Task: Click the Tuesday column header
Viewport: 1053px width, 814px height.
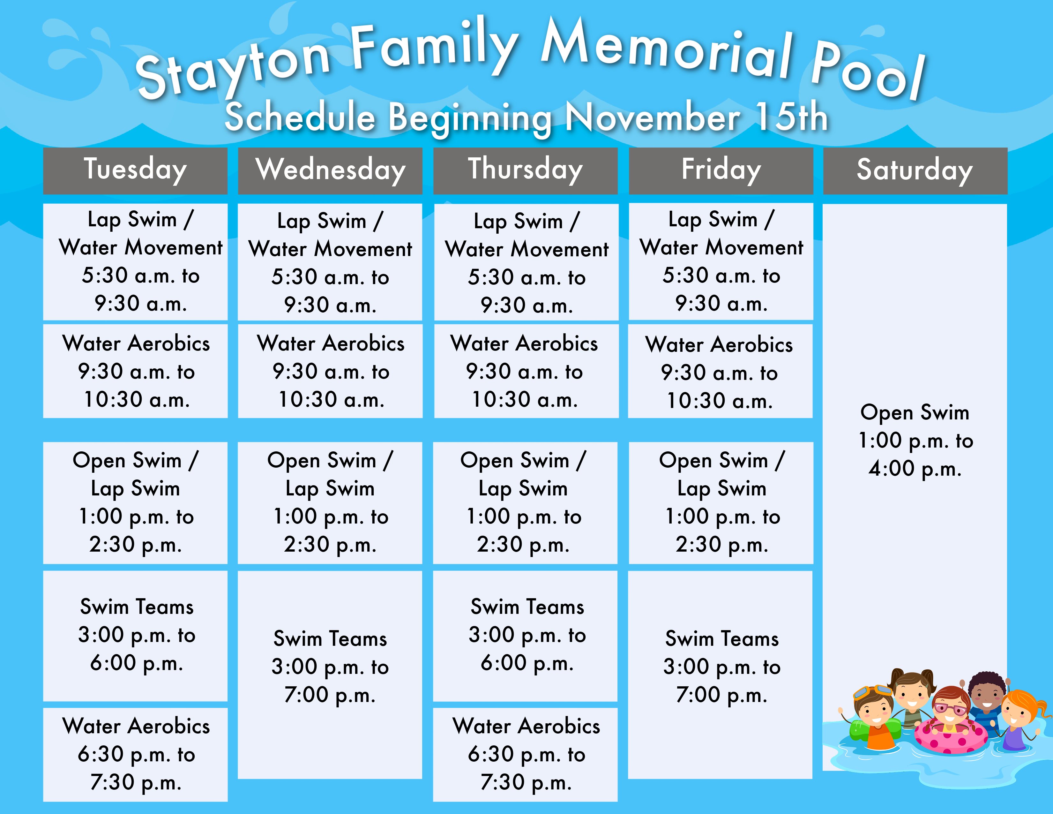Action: (x=135, y=171)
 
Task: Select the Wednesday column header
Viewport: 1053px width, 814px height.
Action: (x=330, y=171)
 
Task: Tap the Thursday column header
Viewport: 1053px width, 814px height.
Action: (x=526, y=171)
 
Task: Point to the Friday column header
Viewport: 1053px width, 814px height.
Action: (x=721, y=171)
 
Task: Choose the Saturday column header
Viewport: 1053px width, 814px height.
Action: (x=915, y=171)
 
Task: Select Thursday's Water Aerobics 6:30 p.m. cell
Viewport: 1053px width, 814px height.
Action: (x=526, y=754)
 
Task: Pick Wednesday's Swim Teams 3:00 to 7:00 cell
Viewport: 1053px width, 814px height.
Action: (x=330, y=675)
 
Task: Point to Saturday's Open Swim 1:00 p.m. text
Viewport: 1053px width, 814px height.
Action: (x=915, y=440)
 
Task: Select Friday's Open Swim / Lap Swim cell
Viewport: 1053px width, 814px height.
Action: (x=721, y=502)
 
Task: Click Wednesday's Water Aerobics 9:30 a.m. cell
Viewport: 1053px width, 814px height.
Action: (x=330, y=371)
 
